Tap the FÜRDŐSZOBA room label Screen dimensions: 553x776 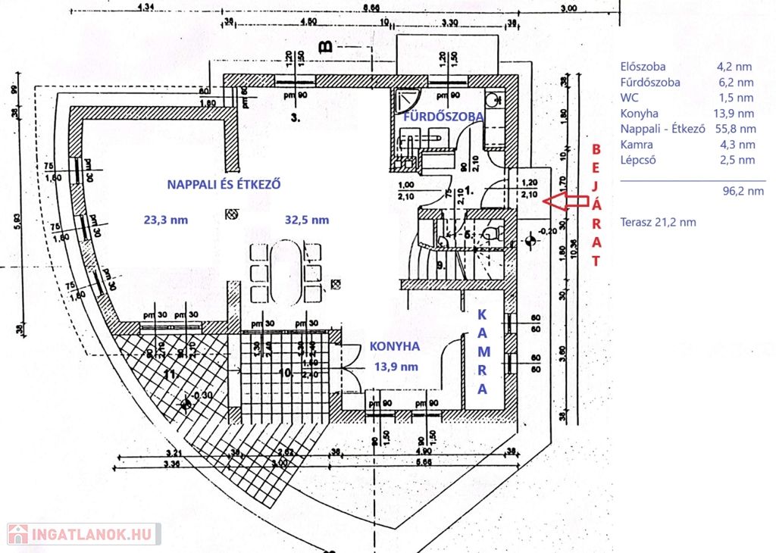tap(443, 117)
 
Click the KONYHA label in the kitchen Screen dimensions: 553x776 tap(394, 345)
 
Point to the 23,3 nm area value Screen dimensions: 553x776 tap(165, 220)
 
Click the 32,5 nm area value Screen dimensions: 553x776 tap(307, 220)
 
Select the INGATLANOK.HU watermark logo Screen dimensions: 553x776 tap(83, 534)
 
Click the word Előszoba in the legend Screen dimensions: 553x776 tap(643, 67)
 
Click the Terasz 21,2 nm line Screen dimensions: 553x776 tap(658, 222)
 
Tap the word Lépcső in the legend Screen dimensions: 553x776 tap(640, 160)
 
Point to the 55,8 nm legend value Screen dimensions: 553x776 tap(740, 129)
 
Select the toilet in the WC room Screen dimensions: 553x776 tap(493, 231)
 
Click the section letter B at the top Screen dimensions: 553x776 tap(326, 48)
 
